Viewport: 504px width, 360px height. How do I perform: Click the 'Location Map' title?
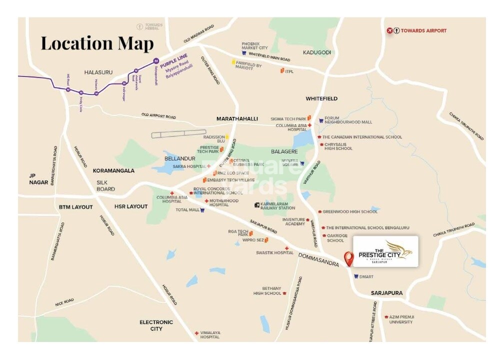click(97, 43)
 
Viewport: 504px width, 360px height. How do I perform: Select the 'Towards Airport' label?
click(422, 31)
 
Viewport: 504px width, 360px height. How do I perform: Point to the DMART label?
click(366, 276)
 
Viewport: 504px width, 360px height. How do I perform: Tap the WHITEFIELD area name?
click(321, 99)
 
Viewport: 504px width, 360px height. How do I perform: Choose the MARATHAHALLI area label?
click(237, 119)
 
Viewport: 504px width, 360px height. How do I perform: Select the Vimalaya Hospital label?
click(210, 335)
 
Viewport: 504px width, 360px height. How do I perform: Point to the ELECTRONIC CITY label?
click(156, 325)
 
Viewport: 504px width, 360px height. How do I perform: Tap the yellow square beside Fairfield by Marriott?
click(233, 62)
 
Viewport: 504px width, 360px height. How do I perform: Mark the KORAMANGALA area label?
click(113, 170)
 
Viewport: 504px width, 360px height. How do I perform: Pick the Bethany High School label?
click(267, 291)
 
